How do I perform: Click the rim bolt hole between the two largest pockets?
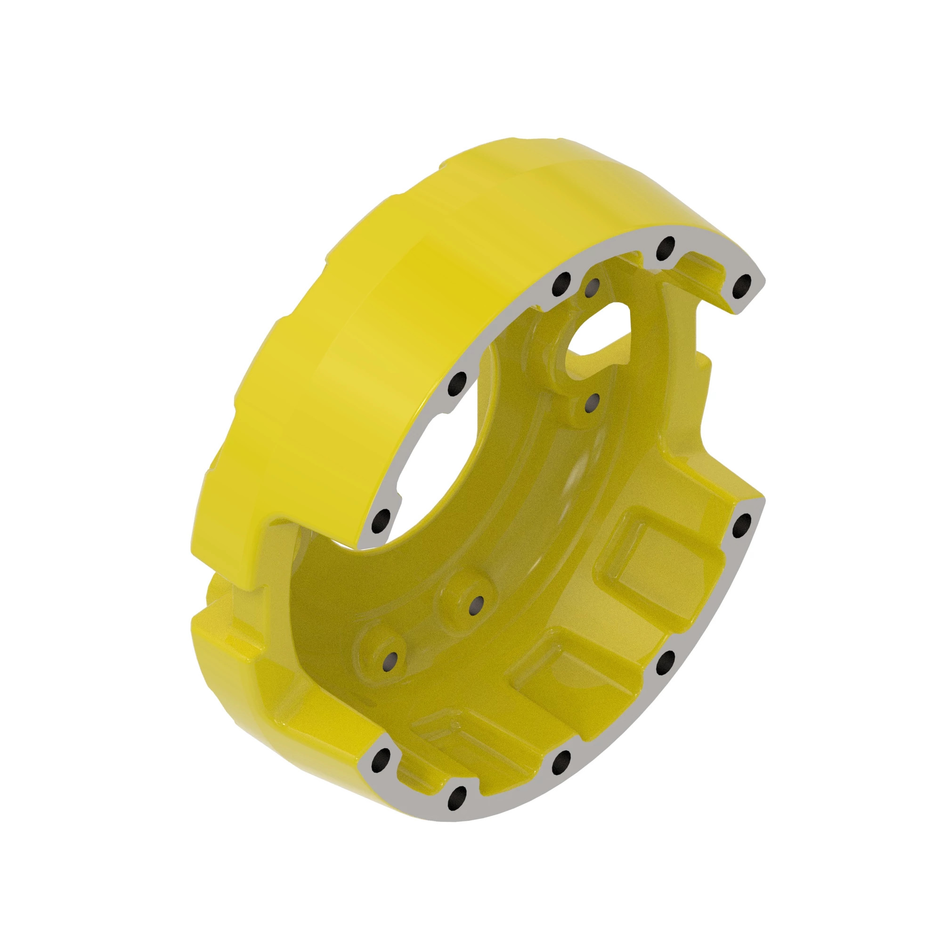click(665, 662)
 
